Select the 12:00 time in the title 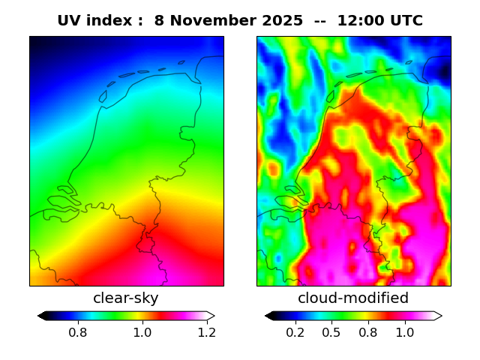(x=361, y=21)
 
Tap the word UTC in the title (x=406, y=21)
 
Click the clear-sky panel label (x=126, y=298)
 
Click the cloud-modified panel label (x=353, y=298)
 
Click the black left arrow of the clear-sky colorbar (x=41, y=316)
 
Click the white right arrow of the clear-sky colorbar (x=211, y=316)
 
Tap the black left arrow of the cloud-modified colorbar (x=268, y=316)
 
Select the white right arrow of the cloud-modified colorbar (x=438, y=316)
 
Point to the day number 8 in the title (x=159, y=21)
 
